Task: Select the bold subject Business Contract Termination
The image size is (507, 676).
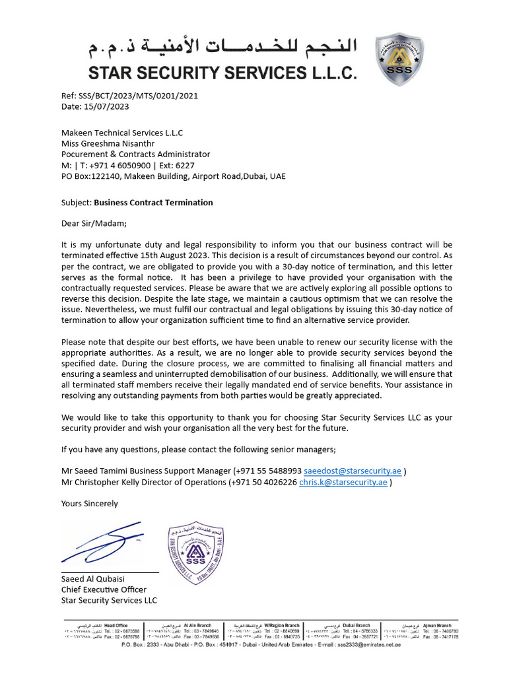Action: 153,203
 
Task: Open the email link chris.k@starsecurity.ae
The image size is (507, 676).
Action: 343,482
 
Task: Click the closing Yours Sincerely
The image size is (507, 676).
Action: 90,503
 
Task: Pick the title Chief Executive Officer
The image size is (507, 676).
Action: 104,590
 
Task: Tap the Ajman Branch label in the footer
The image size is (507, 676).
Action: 437,625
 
